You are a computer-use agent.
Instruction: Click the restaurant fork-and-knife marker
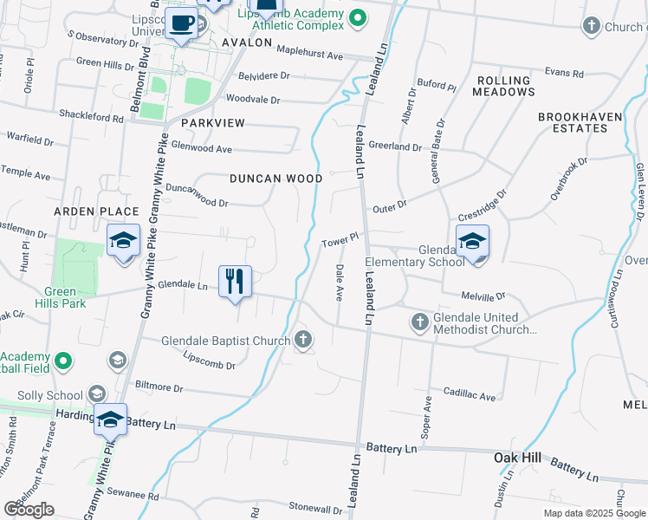pos(235,281)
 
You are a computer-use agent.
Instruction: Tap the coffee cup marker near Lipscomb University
pos(182,23)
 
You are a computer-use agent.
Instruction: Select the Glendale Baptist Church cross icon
pos(303,339)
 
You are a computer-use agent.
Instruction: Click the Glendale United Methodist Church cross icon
pos(419,323)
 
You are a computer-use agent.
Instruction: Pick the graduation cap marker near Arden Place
pos(123,241)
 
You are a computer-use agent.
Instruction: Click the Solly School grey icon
pos(96,394)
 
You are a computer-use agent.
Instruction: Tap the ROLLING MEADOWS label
pos(503,86)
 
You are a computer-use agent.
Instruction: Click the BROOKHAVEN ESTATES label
pos(573,122)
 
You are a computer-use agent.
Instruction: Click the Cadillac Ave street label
pos(469,396)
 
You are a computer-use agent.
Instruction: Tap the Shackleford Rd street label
pos(91,116)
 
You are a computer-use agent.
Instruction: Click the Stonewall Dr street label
pos(316,506)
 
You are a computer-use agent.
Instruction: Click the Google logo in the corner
pos(29,510)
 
